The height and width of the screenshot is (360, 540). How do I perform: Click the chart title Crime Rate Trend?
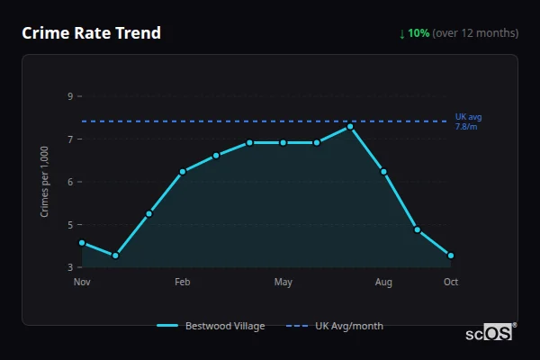pyautogui.click(x=91, y=33)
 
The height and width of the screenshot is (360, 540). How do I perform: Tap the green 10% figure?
pyautogui.click(x=418, y=33)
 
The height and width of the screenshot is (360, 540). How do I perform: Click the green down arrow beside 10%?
pyautogui.click(x=402, y=33)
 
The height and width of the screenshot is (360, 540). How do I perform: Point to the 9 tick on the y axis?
pyautogui.click(x=70, y=95)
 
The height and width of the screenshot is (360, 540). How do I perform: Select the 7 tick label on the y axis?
pyautogui.click(x=70, y=139)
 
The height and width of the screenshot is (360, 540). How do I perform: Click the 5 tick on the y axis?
pyautogui.click(x=70, y=224)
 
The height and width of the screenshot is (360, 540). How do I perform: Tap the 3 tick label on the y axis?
pyautogui.click(x=70, y=267)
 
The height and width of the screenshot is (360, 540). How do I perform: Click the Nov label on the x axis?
pyautogui.click(x=82, y=283)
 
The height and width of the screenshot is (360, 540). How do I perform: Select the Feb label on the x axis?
pyautogui.click(x=183, y=283)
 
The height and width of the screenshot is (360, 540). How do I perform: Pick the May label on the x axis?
pyautogui.click(x=283, y=283)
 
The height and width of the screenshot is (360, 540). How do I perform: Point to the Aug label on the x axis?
pyautogui.click(x=384, y=283)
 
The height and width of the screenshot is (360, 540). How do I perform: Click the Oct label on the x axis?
pyautogui.click(x=451, y=283)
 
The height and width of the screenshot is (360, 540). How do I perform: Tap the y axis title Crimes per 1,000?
pyautogui.click(x=44, y=182)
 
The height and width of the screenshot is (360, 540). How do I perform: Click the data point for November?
pyautogui.click(x=82, y=242)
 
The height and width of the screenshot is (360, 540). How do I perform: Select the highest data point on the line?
pyautogui.click(x=350, y=126)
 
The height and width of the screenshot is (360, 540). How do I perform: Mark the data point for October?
pyautogui.click(x=451, y=256)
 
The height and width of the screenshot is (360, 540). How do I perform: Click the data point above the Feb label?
pyautogui.click(x=183, y=171)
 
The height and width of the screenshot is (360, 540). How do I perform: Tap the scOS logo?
pyautogui.click(x=490, y=332)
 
